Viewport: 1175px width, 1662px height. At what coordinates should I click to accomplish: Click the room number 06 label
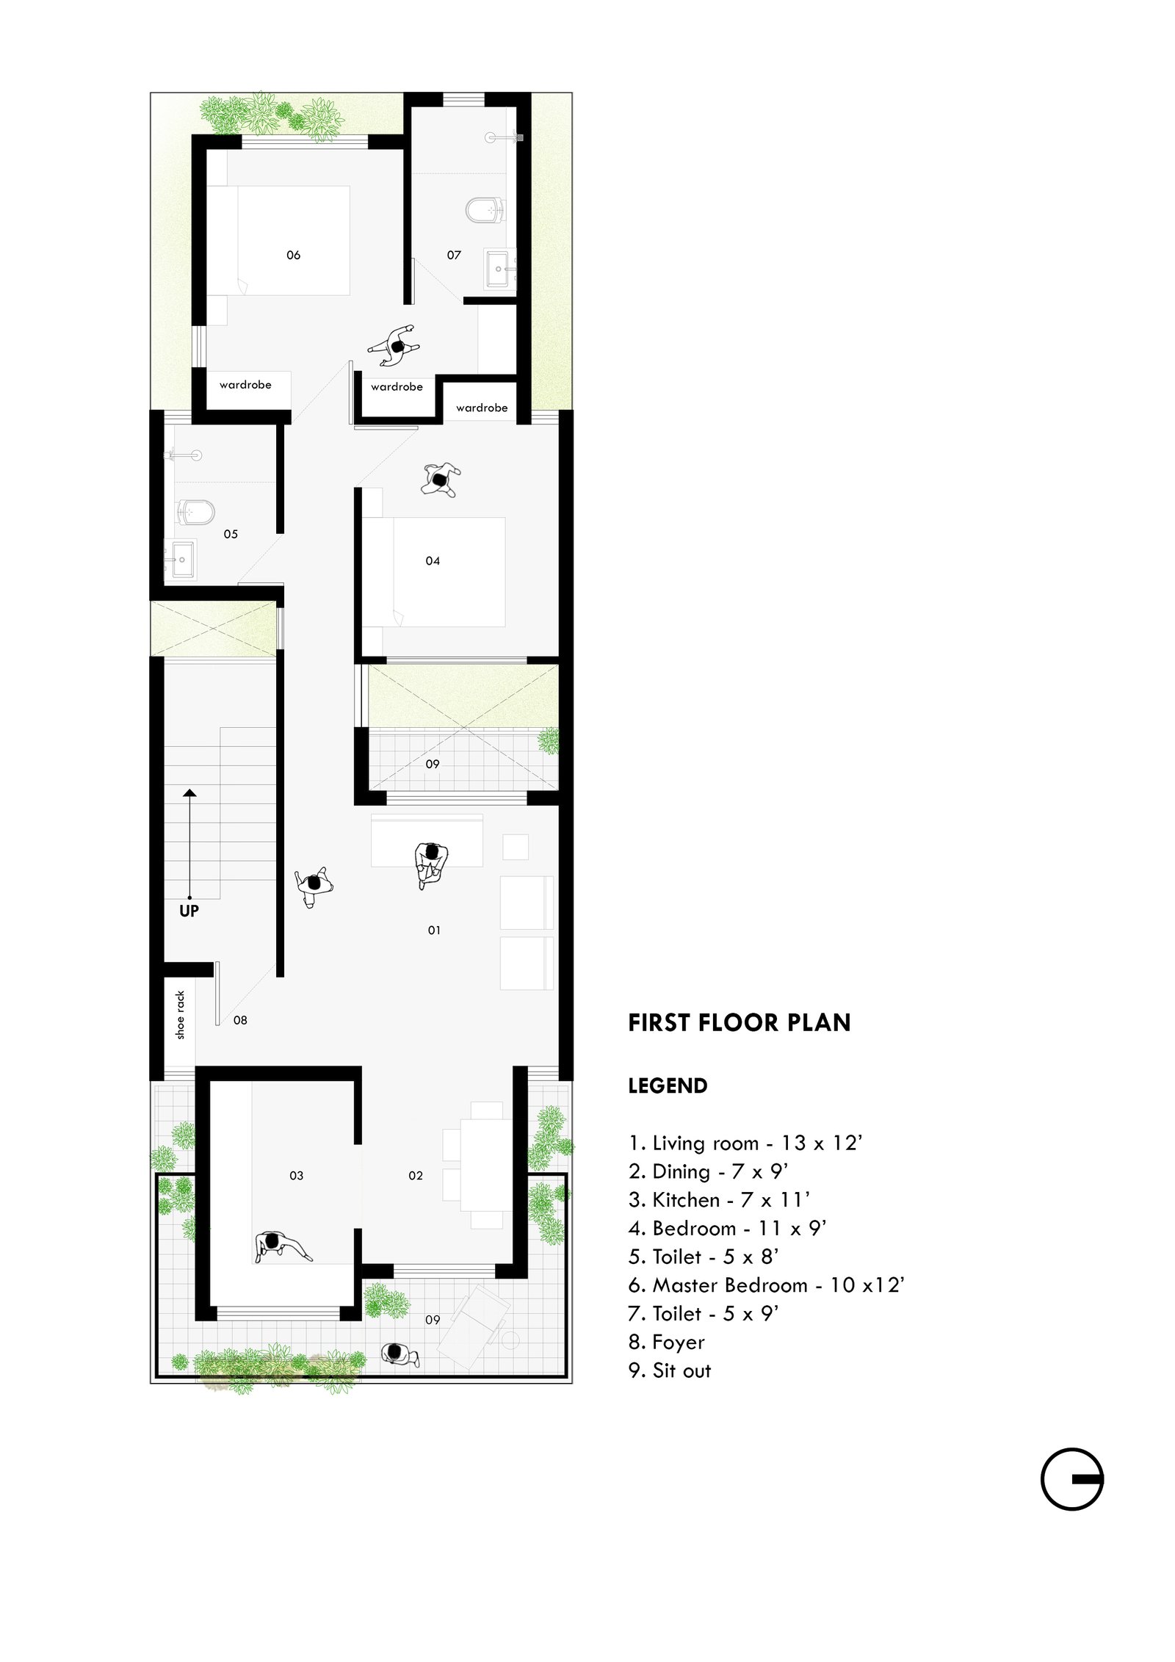(293, 255)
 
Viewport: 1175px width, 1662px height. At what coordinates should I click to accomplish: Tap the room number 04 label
(433, 560)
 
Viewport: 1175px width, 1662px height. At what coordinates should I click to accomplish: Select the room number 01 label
(434, 930)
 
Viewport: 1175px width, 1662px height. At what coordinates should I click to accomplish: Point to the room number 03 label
(296, 1175)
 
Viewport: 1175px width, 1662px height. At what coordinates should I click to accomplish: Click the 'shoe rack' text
(181, 1015)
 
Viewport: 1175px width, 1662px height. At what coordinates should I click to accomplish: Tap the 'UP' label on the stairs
(189, 911)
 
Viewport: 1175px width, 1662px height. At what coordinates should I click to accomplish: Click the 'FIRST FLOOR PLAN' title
(739, 1022)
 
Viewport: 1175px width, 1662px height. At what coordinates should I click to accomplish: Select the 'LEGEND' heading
(668, 1085)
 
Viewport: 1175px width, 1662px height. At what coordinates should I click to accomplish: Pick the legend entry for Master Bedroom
(766, 1285)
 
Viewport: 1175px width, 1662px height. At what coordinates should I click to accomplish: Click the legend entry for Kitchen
(719, 1199)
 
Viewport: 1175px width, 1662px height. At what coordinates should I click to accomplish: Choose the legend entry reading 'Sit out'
(670, 1370)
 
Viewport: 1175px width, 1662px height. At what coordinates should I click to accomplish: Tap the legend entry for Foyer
(666, 1342)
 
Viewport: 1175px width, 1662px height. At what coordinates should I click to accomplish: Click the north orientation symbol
(1071, 1478)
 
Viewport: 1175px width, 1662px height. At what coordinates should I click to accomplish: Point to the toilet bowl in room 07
(485, 209)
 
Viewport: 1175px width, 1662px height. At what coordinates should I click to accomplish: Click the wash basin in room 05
(180, 560)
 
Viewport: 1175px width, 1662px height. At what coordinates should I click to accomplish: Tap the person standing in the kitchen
(282, 1246)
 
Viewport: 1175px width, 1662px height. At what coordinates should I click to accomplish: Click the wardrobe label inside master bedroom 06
(245, 384)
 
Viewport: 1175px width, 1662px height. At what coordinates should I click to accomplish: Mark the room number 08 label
(240, 1019)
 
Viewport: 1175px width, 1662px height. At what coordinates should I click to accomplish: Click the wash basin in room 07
(500, 269)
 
